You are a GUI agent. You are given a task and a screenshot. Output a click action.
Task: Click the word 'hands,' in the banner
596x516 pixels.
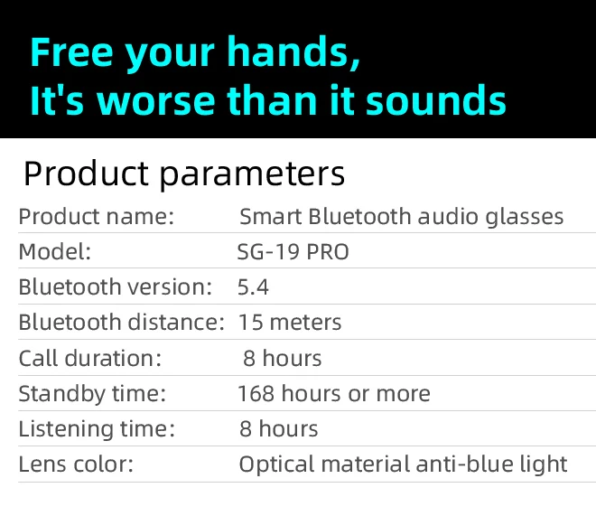coord(293,52)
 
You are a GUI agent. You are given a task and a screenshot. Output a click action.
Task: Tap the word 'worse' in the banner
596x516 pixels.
coord(155,100)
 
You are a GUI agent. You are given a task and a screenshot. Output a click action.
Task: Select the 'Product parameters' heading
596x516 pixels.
coord(184,174)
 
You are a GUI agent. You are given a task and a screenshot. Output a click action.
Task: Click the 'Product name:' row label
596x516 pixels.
coord(96,217)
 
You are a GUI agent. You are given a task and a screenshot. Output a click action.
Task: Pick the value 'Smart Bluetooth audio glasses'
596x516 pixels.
coord(401,217)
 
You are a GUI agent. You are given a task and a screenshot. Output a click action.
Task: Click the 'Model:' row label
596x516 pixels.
coord(55,252)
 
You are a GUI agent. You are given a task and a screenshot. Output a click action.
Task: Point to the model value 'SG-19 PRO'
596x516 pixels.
coord(293,252)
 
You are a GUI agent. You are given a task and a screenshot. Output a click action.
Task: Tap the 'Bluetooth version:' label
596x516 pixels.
coord(116,286)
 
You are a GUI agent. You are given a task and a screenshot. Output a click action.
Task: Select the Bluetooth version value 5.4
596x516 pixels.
coord(253,287)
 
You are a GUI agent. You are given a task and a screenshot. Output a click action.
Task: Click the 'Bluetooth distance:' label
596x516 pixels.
coord(122,322)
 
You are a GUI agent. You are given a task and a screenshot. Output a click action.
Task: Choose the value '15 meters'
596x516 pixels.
coord(290,323)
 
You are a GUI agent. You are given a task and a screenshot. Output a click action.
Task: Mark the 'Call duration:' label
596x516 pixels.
coord(90,358)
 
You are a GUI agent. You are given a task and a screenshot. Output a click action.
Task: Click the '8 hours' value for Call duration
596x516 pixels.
coord(283,358)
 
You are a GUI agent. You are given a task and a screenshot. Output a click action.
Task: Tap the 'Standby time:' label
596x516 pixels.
coord(92,394)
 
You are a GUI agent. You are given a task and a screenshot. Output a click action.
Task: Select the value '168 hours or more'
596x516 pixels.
coord(334,394)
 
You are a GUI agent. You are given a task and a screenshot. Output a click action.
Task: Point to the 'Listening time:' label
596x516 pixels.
coord(97,429)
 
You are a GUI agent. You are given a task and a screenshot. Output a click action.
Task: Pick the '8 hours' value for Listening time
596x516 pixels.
coord(279,429)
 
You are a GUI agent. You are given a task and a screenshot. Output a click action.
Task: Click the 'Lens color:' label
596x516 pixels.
coord(76,464)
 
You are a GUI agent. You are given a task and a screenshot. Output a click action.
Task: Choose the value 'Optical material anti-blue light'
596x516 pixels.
coord(404,464)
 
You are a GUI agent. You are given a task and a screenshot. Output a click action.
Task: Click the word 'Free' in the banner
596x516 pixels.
coord(72,52)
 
